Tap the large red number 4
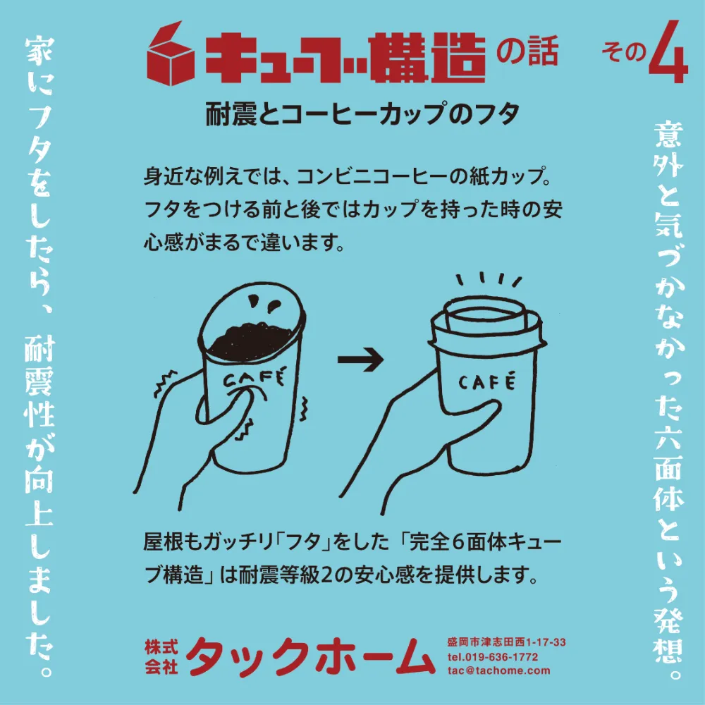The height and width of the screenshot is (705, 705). pyautogui.click(x=668, y=52)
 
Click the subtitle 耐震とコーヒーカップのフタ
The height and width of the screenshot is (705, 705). pyautogui.click(x=363, y=114)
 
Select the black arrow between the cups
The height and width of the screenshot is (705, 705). pyautogui.click(x=360, y=360)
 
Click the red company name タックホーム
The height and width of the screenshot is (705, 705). pyautogui.click(x=310, y=656)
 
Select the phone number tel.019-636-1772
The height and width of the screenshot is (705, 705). pyautogui.click(x=492, y=657)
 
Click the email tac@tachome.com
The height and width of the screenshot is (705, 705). pyautogui.click(x=498, y=671)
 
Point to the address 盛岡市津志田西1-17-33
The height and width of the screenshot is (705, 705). pyautogui.click(x=506, y=642)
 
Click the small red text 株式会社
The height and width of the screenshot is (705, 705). pyautogui.click(x=161, y=657)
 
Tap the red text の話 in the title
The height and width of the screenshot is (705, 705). pyautogui.click(x=527, y=49)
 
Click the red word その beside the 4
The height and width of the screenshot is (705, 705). pyautogui.click(x=624, y=52)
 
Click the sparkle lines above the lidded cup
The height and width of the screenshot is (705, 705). pyautogui.click(x=489, y=280)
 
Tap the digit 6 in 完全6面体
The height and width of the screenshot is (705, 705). pyautogui.click(x=458, y=542)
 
